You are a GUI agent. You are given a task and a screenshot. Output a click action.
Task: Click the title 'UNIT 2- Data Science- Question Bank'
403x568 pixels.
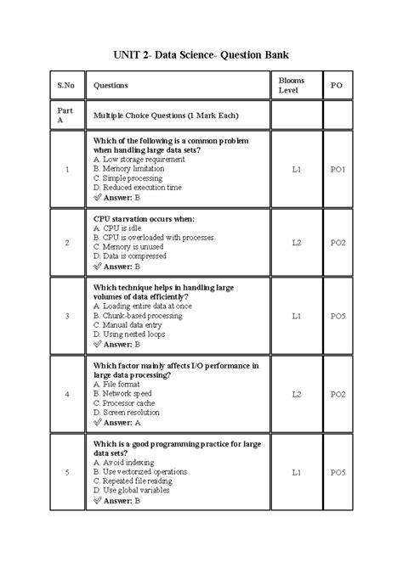(201, 56)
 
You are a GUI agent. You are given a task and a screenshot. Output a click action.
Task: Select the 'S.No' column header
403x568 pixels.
(65, 86)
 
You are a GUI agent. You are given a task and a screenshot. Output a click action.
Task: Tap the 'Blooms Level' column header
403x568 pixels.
(297, 85)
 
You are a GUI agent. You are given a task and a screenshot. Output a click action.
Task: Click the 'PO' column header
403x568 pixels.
(338, 86)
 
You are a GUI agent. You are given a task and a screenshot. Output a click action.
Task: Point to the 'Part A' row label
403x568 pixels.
(65, 115)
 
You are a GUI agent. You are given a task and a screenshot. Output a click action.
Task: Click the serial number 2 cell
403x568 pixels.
(65, 242)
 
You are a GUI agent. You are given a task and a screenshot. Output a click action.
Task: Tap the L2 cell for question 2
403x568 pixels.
(297, 242)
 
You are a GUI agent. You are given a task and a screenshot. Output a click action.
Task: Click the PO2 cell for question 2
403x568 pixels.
(338, 242)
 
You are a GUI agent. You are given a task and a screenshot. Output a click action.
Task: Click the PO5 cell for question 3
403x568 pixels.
(338, 315)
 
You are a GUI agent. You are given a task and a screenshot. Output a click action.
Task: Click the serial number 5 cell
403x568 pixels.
(65, 471)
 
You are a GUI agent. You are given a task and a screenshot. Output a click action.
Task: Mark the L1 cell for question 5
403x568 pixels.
(297, 471)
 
